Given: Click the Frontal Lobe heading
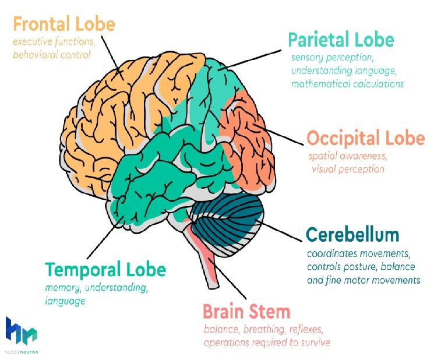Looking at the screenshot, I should tap(64, 24).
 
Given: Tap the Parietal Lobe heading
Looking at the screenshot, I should tap(341, 40).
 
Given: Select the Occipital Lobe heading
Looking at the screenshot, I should tap(365, 139).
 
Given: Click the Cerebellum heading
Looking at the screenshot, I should tap(352, 235).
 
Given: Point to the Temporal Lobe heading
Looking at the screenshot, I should tap(105, 270).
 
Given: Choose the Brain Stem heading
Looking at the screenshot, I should tap(246, 311).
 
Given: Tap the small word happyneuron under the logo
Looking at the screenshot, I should tap(22, 352).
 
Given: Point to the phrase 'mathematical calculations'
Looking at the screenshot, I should tap(347, 83).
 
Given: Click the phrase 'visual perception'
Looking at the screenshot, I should tap(348, 170).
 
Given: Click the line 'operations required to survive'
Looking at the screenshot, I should tap(267, 342).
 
